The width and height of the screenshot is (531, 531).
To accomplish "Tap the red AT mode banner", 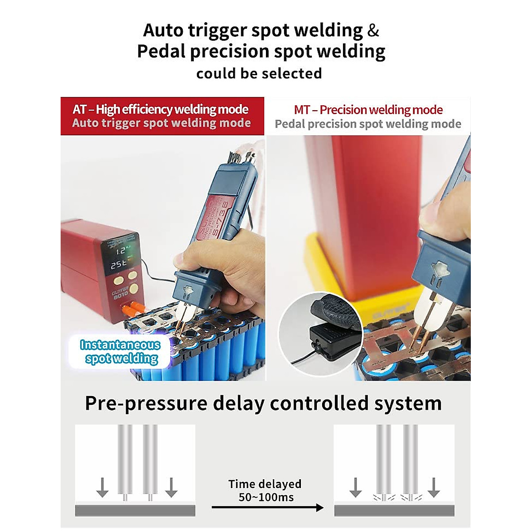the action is click(x=162, y=116).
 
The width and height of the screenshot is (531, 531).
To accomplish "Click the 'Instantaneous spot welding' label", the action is click(x=120, y=352).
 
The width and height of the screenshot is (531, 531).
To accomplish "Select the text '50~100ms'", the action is click(x=266, y=497).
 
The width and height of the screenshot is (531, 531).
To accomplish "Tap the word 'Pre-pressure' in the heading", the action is click(x=146, y=404).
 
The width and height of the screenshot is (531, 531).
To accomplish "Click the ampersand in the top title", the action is click(x=373, y=30).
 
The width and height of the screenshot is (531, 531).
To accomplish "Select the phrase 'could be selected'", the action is click(x=259, y=73).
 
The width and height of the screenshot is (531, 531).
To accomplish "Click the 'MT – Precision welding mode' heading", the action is click(x=368, y=110).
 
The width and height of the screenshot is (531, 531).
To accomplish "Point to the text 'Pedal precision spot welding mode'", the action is click(x=368, y=124).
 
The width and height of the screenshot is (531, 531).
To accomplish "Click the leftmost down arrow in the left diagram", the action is click(x=102, y=487).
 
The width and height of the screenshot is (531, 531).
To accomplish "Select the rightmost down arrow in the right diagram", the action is click(x=434, y=487).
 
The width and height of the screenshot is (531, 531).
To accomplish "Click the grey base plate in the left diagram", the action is click(x=135, y=511).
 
